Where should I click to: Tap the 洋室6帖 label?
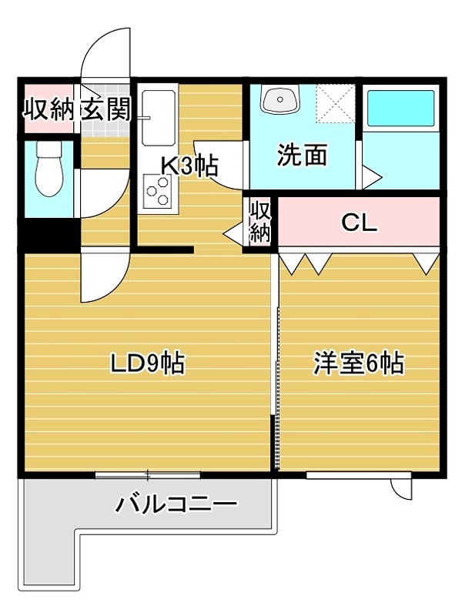(x=359, y=363)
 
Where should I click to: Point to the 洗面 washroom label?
(x=302, y=156)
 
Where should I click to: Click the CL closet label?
(x=359, y=223)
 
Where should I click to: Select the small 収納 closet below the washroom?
(x=261, y=222)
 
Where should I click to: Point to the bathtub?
(x=400, y=110)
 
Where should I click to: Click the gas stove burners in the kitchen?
(x=158, y=189)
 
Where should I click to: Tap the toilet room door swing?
(x=100, y=192)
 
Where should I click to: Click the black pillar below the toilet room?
(x=48, y=233)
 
